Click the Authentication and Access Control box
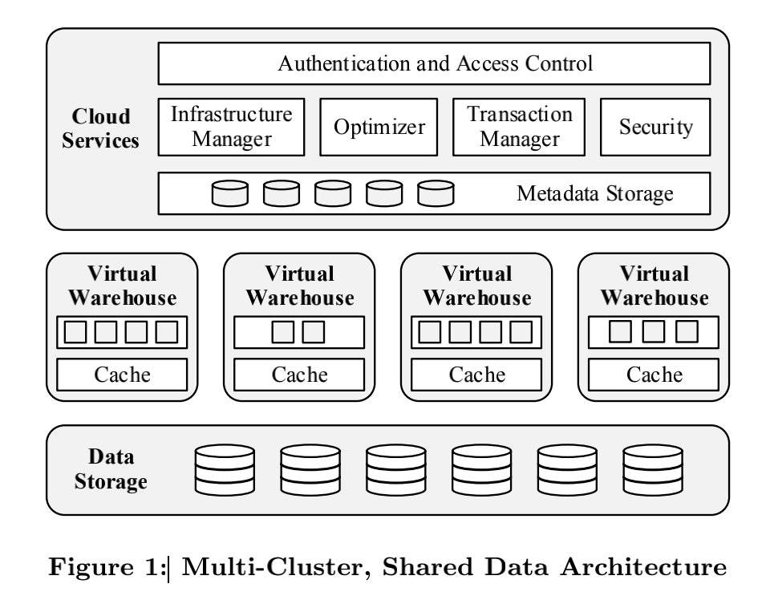(434, 63)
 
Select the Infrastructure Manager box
(231, 127)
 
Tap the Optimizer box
(379, 127)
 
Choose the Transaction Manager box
(519, 127)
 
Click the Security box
(655, 127)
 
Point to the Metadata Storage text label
(594, 193)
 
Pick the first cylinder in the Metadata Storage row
(230, 193)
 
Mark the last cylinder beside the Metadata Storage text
(436, 193)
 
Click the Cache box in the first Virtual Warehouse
(122, 375)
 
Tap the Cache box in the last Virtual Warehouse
(654, 375)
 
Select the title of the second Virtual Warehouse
(299, 286)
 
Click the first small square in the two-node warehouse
(283, 331)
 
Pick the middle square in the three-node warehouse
(654, 331)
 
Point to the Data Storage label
(111, 469)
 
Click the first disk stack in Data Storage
(225, 470)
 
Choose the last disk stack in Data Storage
(652, 470)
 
